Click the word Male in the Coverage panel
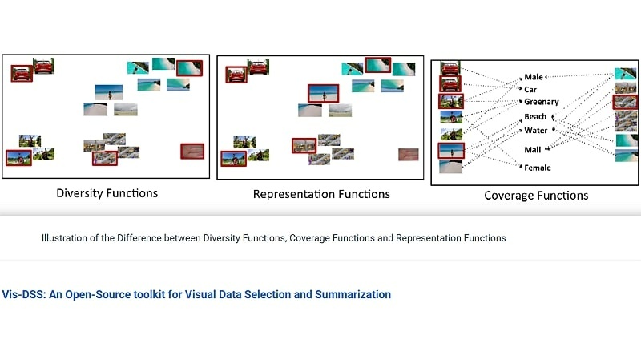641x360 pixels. (533, 77)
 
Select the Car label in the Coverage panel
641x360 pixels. (530, 89)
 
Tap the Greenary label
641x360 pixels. (541, 102)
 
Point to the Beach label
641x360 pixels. (535, 117)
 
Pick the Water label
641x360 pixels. (535, 131)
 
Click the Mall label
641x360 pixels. (532, 150)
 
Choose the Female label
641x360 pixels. (537, 168)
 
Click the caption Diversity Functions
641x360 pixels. (107, 193)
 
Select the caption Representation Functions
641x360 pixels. (321, 194)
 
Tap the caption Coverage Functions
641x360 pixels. (536, 196)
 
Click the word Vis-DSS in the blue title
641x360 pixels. (22, 294)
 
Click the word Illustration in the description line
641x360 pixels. (67, 238)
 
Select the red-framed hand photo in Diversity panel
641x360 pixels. (192, 151)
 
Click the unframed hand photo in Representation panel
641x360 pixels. (408, 154)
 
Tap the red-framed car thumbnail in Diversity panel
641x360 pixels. (22, 73)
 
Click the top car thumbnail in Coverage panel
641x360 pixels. (450, 68)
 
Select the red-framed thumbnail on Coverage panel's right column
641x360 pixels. (626, 102)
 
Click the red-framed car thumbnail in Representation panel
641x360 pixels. (236, 75)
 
